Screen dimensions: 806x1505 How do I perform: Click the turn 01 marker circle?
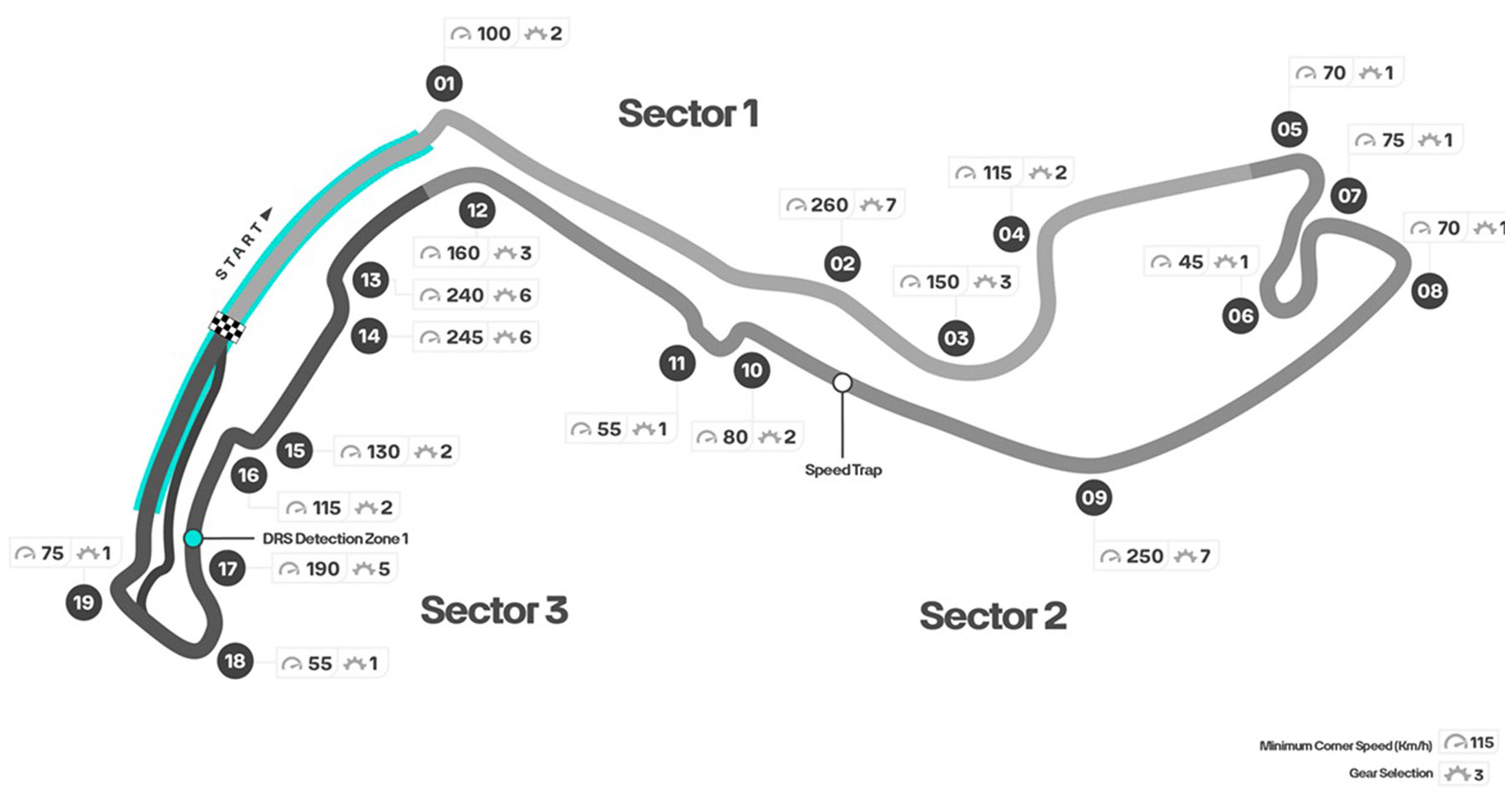tap(444, 84)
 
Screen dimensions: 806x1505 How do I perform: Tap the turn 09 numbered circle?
tap(1094, 498)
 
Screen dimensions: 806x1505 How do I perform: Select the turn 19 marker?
tap(84, 602)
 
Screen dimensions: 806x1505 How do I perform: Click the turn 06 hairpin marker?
tap(1240, 316)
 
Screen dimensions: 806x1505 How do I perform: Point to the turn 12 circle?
tap(477, 210)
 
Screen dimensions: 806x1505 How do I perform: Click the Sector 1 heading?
tap(688, 114)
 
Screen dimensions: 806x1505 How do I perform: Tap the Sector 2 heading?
tap(993, 616)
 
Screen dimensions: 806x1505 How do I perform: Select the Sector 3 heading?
tap(494, 611)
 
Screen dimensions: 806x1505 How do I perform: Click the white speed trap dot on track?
tap(842, 383)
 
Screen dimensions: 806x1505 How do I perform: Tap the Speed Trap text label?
tap(843, 470)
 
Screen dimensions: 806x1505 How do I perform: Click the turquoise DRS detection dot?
tap(193, 539)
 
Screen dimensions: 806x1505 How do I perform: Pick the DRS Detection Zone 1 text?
tap(335, 539)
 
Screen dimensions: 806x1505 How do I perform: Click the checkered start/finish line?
tap(226, 327)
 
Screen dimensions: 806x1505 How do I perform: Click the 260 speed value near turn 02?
tap(829, 205)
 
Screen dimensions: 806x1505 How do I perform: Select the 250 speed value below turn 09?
tap(1144, 556)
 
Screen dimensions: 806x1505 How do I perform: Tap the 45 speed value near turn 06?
tap(1190, 262)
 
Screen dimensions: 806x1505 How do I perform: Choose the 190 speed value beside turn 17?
tap(322, 569)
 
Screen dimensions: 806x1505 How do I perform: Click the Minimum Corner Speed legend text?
tap(1345, 746)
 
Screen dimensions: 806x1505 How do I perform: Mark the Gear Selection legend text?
tap(1391, 773)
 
